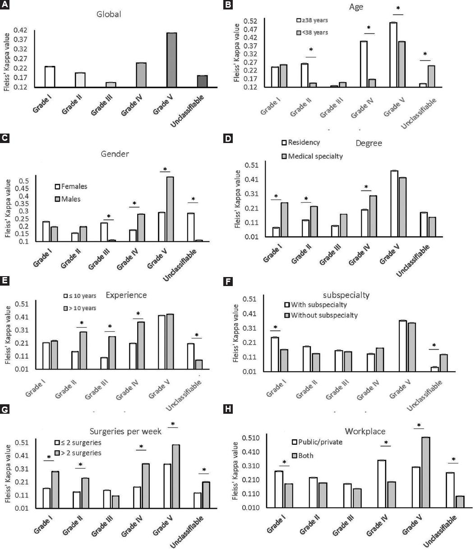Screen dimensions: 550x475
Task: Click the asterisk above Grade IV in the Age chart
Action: coord(368,28)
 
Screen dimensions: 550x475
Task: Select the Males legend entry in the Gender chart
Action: coord(67,199)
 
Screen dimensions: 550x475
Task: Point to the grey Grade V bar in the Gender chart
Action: coord(170,209)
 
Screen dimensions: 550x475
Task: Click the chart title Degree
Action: coord(369,143)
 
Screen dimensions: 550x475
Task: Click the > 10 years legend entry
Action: coord(81,308)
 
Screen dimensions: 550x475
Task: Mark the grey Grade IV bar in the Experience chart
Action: coord(141,345)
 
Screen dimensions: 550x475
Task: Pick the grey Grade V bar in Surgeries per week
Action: coord(176,476)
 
